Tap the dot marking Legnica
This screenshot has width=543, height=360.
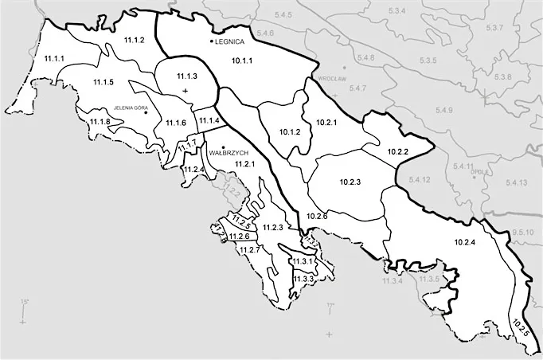click(212, 41)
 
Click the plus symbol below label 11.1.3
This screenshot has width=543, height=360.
click(186, 92)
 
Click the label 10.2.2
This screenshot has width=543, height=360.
click(397, 151)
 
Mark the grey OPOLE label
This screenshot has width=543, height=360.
click(479, 170)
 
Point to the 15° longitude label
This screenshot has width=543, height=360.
click(24, 301)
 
